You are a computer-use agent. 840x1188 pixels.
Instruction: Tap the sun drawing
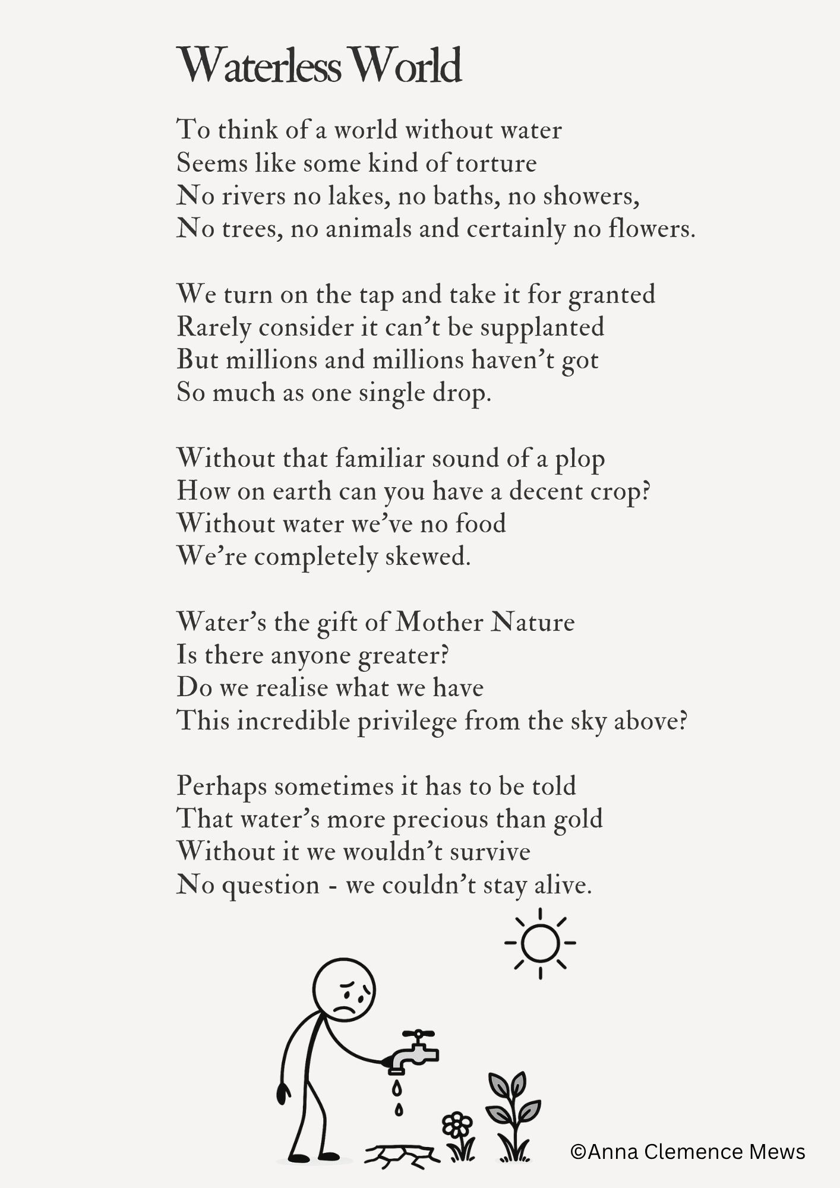click(540, 943)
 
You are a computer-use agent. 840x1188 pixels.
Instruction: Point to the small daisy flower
click(457, 1124)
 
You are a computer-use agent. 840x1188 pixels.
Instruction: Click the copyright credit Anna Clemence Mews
click(687, 1152)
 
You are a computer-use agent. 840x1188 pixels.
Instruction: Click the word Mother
click(440, 623)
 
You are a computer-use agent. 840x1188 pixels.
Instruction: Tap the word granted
click(612, 295)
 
